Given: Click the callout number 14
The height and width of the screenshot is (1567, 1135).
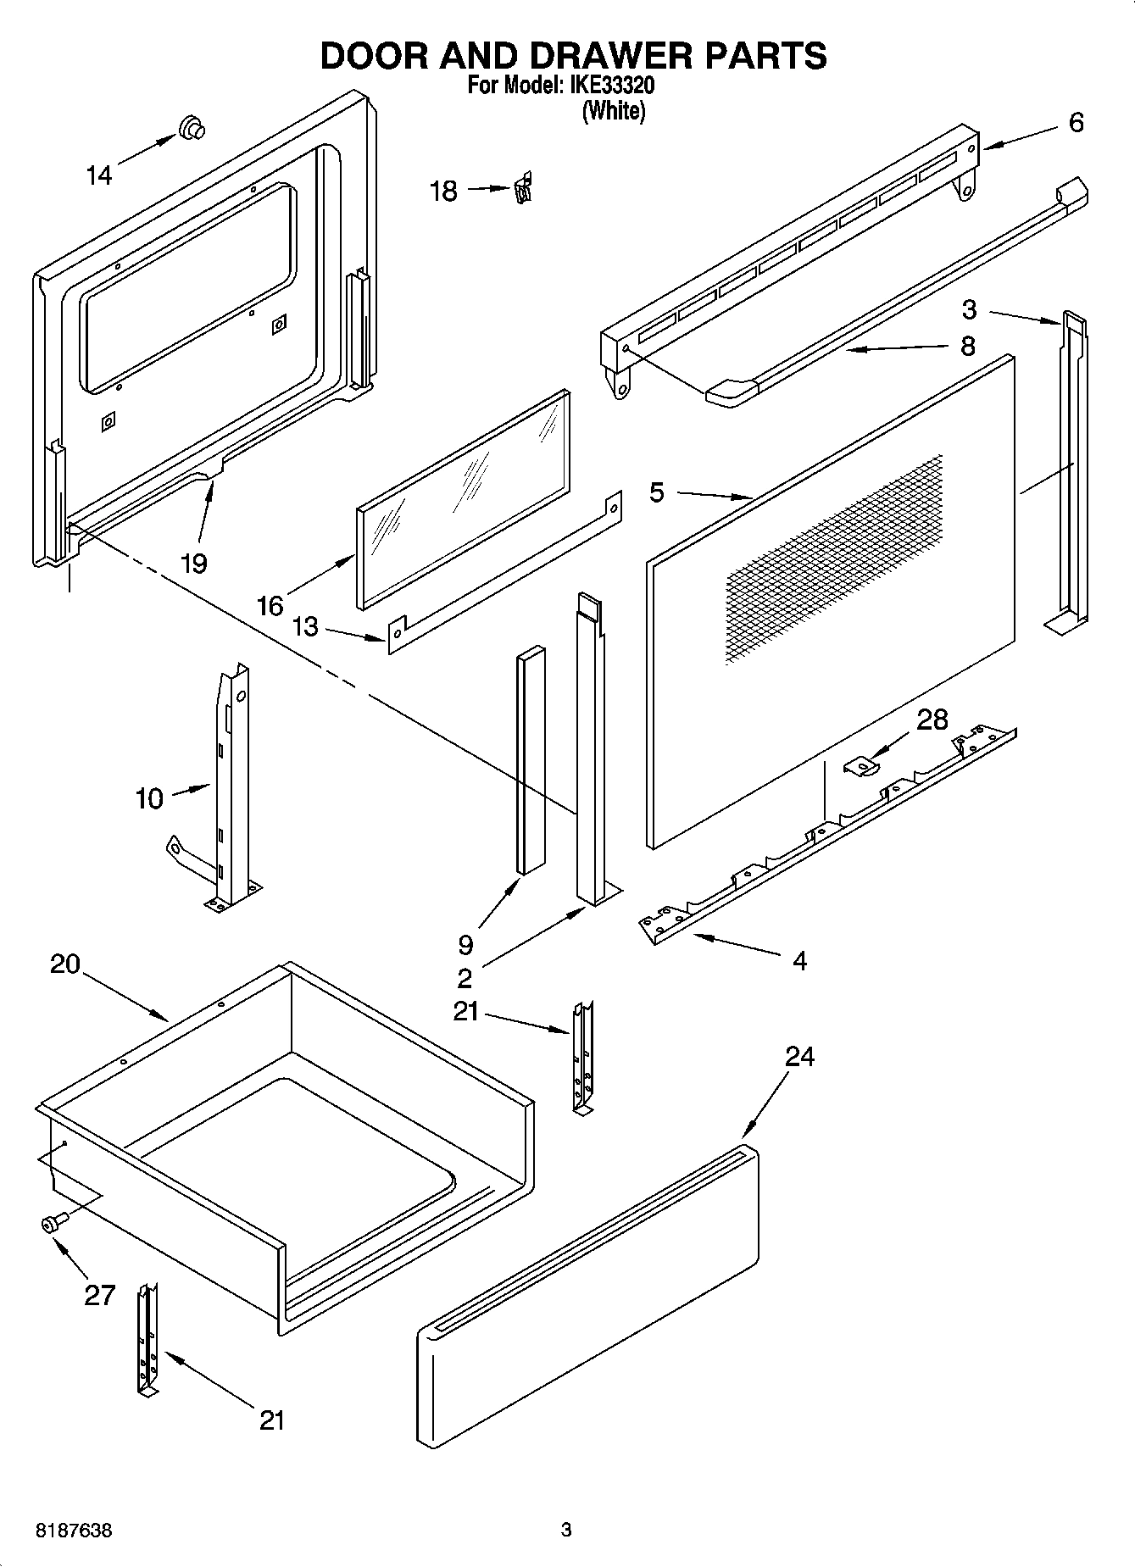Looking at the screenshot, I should click(99, 175).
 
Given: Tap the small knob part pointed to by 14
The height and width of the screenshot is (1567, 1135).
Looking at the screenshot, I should click(192, 128).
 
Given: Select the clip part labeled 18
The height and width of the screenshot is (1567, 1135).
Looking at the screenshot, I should click(523, 188).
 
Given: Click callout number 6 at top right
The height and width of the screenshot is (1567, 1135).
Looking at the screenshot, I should click(1076, 124).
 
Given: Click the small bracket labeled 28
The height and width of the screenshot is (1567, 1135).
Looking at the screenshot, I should click(862, 765).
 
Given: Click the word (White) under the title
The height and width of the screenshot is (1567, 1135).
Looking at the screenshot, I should click(613, 111).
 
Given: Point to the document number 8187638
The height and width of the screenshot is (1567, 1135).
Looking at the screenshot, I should click(74, 1531).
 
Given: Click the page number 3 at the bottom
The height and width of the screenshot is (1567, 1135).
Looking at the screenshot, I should click(566, 1531).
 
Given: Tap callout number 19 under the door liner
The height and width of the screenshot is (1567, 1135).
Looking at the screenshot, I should click(194, 563).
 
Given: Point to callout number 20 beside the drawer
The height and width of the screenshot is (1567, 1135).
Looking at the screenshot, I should click(65, 964).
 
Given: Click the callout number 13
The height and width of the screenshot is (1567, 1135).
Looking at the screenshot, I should click(305, 627).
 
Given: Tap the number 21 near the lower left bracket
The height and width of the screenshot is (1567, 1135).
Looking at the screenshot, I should click(271, 1420).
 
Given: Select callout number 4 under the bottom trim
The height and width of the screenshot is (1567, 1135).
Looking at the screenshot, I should click(799, 960).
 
